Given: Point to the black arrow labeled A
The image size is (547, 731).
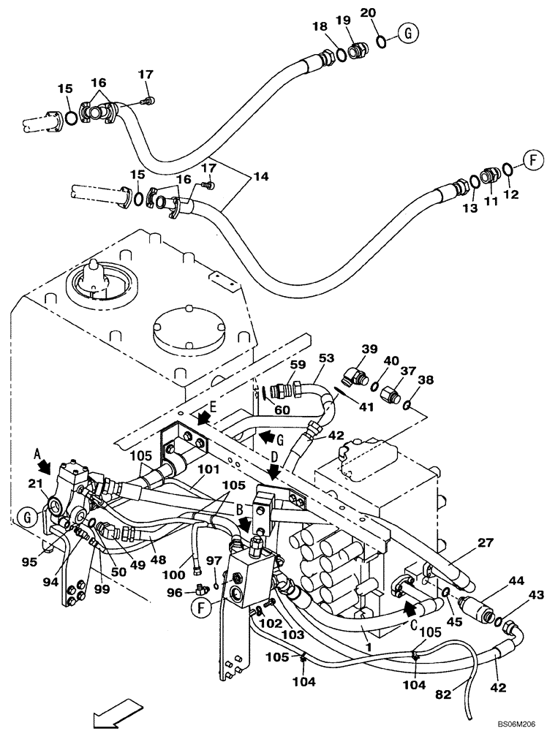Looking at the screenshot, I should pos(46,465).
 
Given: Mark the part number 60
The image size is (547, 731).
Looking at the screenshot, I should pos(282,411).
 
